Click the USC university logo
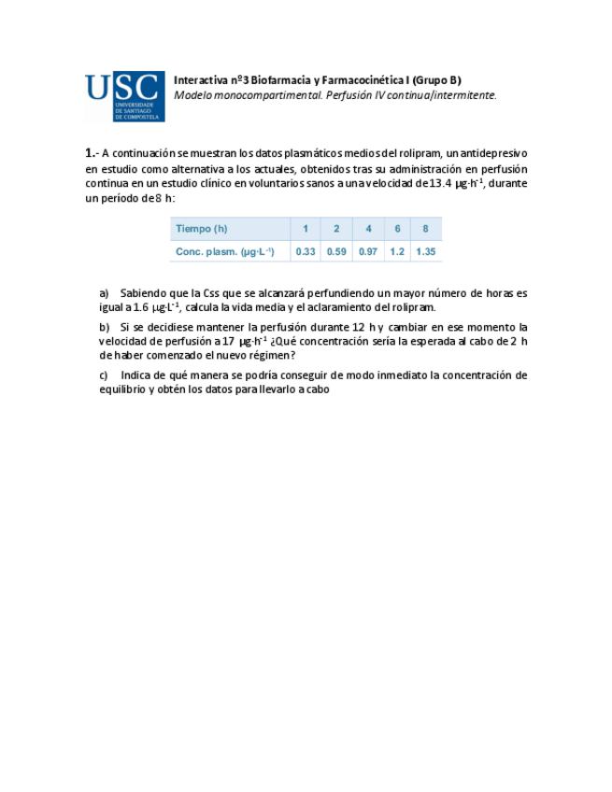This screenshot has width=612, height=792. coord(124,97)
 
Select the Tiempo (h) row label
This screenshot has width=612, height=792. coord(201,230)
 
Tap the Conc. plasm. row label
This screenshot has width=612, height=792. coord(224,252)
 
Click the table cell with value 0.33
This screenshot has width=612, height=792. coord(305,252)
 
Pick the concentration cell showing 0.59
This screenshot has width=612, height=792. coord(336,252)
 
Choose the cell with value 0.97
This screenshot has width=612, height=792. coord(368,252)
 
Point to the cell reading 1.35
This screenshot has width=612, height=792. coord(426,252)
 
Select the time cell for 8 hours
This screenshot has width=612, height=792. coord(425,230)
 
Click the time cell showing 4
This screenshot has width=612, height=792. coord(368,230)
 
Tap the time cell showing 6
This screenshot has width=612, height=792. coord(397,230)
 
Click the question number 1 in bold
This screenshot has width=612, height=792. coord(89,152)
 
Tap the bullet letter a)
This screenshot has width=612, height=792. coord(104,292)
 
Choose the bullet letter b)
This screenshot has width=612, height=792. coord(104,327)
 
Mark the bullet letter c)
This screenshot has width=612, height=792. coord(104,375)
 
